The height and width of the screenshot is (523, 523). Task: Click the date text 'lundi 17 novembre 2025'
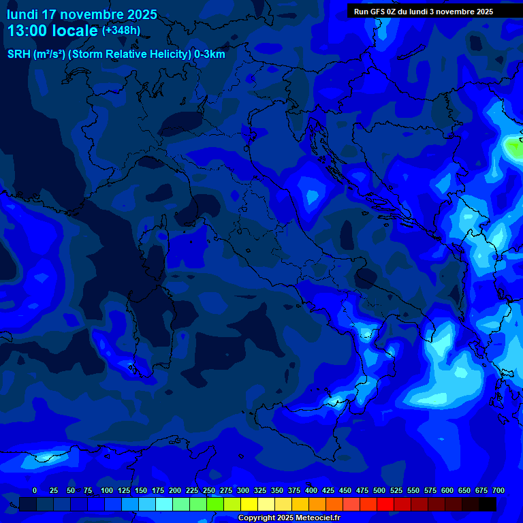(82, 14)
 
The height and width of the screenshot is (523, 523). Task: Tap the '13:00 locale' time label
(52, 31)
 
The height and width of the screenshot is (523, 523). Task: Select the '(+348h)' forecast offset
(121, 31)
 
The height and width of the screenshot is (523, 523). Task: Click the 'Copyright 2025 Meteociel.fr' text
(289, 518)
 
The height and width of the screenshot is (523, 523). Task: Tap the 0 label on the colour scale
(35, 490)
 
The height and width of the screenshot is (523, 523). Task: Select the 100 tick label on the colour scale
(107, 490)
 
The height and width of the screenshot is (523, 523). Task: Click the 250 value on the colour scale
(209, 490)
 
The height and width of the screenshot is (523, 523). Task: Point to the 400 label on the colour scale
(311, 490)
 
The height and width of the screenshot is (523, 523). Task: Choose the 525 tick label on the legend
(396, 490)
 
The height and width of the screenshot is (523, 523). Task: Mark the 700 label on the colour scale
(498, 490)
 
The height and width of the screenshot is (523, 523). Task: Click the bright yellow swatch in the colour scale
(249, 504)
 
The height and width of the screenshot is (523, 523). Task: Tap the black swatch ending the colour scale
(488, 504)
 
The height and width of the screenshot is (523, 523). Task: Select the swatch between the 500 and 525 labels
(385, 504)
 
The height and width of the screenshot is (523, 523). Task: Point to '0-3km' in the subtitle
(209, 54)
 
